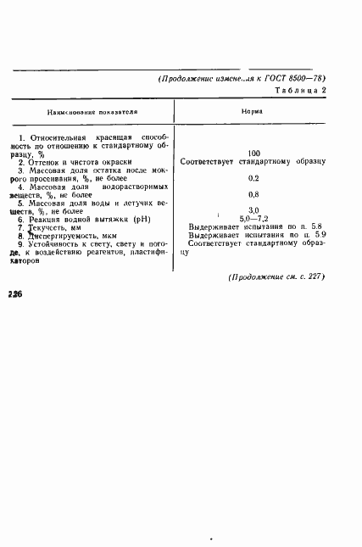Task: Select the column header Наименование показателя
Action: pyautogui.click(x=92, y=111)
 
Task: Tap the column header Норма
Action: pyautogui.click(x=252, y=111)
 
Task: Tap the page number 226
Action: pyautogui.click(x=14, y=293)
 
